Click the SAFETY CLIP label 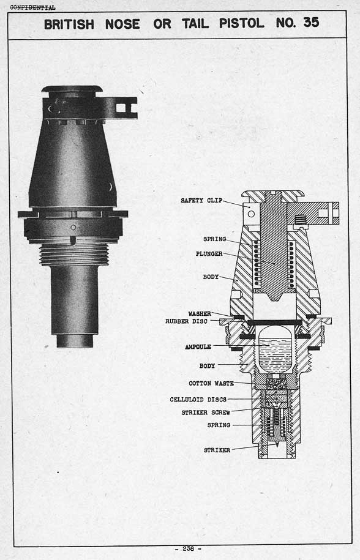pyautogui.click(x=201, y=200)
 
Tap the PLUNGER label pyautogui.click(x=209, y=254)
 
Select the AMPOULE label pyautogui.click(x=198, y=347)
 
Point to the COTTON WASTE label pyautogui.click(x=211, y=383)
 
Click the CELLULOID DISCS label pyautogui.click(x=198, y=399)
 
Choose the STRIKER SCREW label pyautogui.click(x=206, y=413)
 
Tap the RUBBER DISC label pyautogui.click(x=186, y=321)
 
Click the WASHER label pyautogui.click(x=200, y=313)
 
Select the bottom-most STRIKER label pyautogui.click(x=217, y=450)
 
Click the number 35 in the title pyautogui.click(x=311, y=23)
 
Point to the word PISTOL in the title pyautogui.click(x=241, y=23)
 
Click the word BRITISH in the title pyautogui.click(x=69, y=24)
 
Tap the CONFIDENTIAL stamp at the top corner pyautogui.click(x=32, y=7)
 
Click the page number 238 pyautogui.click(x=188, y=548)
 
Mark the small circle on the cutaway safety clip pyautogui.click(x=251, y=214)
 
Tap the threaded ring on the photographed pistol pyautogui.click(x=74, y=254)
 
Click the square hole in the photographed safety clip pyautogui.click(x=121, y=108)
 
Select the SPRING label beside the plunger pyautogui.click(x=215, y=239)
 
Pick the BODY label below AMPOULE pyautogui.click(x=207, y=366)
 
